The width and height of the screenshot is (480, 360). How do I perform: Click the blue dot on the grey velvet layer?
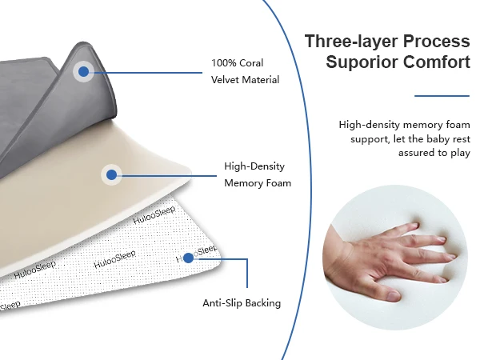tap(83, 72)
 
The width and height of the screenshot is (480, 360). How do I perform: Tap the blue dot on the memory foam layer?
tap(111, 174)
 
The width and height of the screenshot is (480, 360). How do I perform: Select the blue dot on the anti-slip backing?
tap(188, 258)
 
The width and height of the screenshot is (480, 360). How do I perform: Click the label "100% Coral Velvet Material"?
tap(238, 71)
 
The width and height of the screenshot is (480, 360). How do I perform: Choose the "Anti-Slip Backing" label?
tap(242, 303)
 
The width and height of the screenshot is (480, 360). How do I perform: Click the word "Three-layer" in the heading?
tap(350, 42)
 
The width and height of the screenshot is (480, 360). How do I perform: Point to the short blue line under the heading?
tap(442, 95)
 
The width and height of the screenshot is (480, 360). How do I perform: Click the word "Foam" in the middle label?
tap(276, 183)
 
